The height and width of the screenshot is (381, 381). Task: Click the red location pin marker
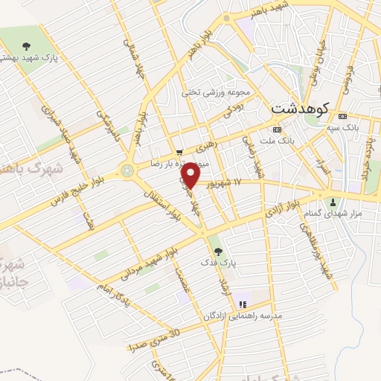[x=191, y=176]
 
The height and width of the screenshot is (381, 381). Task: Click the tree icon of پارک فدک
[x=217, y=249]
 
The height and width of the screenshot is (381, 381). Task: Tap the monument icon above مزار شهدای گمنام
[x=332, y=200]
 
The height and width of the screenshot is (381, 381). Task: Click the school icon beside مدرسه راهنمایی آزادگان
[x=242, y=304]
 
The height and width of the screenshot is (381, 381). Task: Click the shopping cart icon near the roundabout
[x=179, y=154]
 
